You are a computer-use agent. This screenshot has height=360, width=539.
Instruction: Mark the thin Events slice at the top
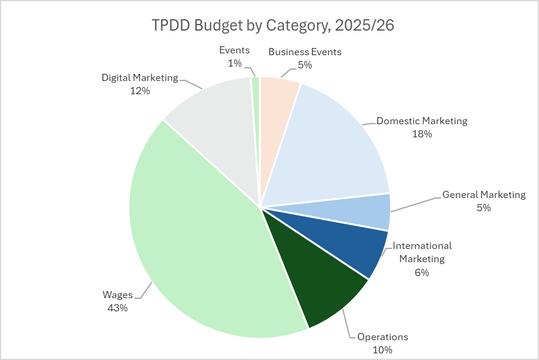(x=256, y=103)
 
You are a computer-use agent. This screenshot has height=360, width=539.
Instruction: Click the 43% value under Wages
(x=118, y=308)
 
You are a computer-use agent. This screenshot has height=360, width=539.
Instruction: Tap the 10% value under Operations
(x=382, y=350)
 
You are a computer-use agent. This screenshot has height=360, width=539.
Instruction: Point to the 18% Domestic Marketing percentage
(x=422, y=134)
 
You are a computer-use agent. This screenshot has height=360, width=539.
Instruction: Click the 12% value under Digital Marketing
(x=140, y=91)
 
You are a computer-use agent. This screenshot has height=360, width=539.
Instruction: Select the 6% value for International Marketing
(x=422, y=273)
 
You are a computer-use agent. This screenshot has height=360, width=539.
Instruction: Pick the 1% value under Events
(x=235, y=63)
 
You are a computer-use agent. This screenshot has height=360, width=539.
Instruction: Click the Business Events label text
(x=305, y=52)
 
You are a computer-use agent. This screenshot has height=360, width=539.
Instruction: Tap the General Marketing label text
(x=484, y=195)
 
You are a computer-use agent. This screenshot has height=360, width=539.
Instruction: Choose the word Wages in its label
(x=118, y=295)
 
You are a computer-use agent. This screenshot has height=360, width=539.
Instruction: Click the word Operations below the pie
(x=383, y=337)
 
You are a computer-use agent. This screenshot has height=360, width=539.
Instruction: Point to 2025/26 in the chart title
(x=364, y=25)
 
